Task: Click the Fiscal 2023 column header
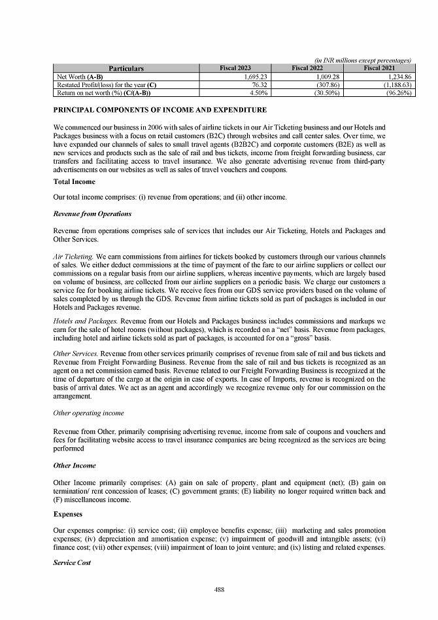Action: point(235,68)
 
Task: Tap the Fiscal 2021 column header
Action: point(380,68)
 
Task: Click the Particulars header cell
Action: point(126,68)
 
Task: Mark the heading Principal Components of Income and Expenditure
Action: point(160,109)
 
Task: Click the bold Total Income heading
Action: point(74,181)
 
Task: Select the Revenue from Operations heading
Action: point(92,213)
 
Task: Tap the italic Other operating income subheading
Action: point(88,413)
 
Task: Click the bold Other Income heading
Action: point(75,465)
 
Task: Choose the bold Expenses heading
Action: point(68,515)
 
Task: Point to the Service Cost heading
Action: point(72,562)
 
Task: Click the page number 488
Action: point(220,590)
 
